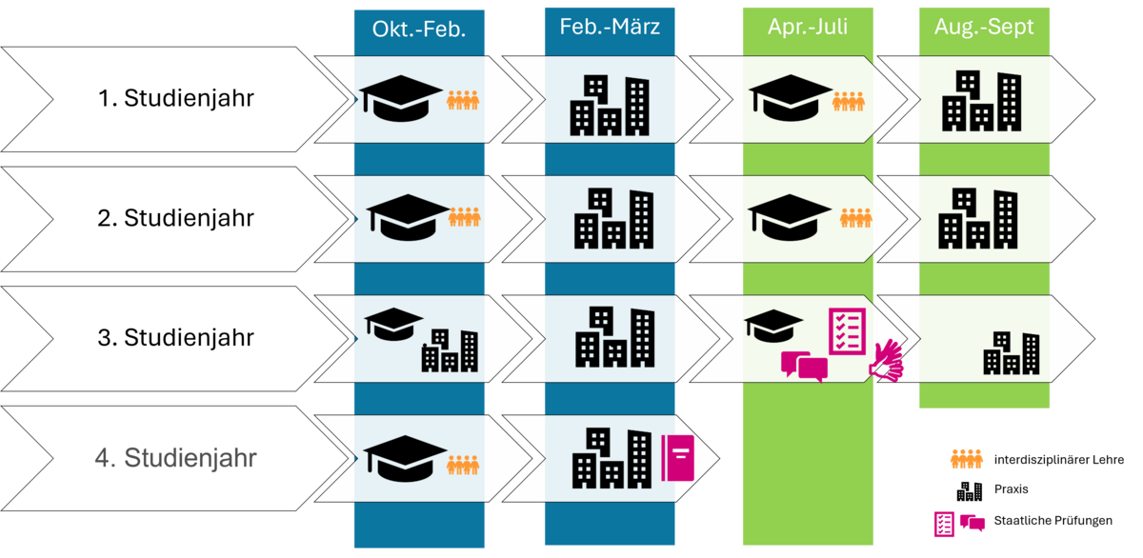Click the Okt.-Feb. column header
[419, 29]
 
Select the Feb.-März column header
[610, 27]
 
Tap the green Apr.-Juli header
[808, 27]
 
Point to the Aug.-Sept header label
[984, 27]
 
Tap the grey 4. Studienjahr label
[176, 458]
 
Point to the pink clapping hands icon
[885, 362]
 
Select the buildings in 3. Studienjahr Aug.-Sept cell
[1012, 352]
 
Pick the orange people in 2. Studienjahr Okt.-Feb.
[463, 218]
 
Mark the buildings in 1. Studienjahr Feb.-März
[609, 105]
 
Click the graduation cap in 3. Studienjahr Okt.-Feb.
[393, 324]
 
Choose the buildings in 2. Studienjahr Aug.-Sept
[978, 219]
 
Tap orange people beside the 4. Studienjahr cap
[463, 465]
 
